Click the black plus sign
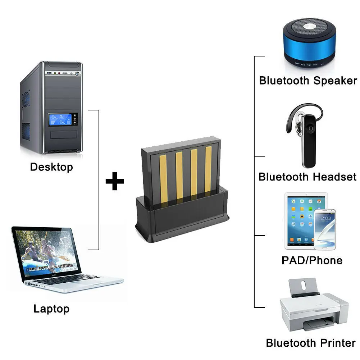click(115, 181)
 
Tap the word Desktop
click(51, 167)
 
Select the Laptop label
click(51, 309)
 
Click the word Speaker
click(335, 81)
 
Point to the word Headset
click(334, 177)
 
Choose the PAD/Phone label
click(312, 260)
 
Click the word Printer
click(338, 343)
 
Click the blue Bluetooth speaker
click(310, 43)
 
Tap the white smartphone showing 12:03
click(325, 229)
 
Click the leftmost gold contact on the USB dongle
click(163, 179)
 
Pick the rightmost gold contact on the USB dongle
click(208, 169)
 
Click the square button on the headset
click(310, 129)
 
